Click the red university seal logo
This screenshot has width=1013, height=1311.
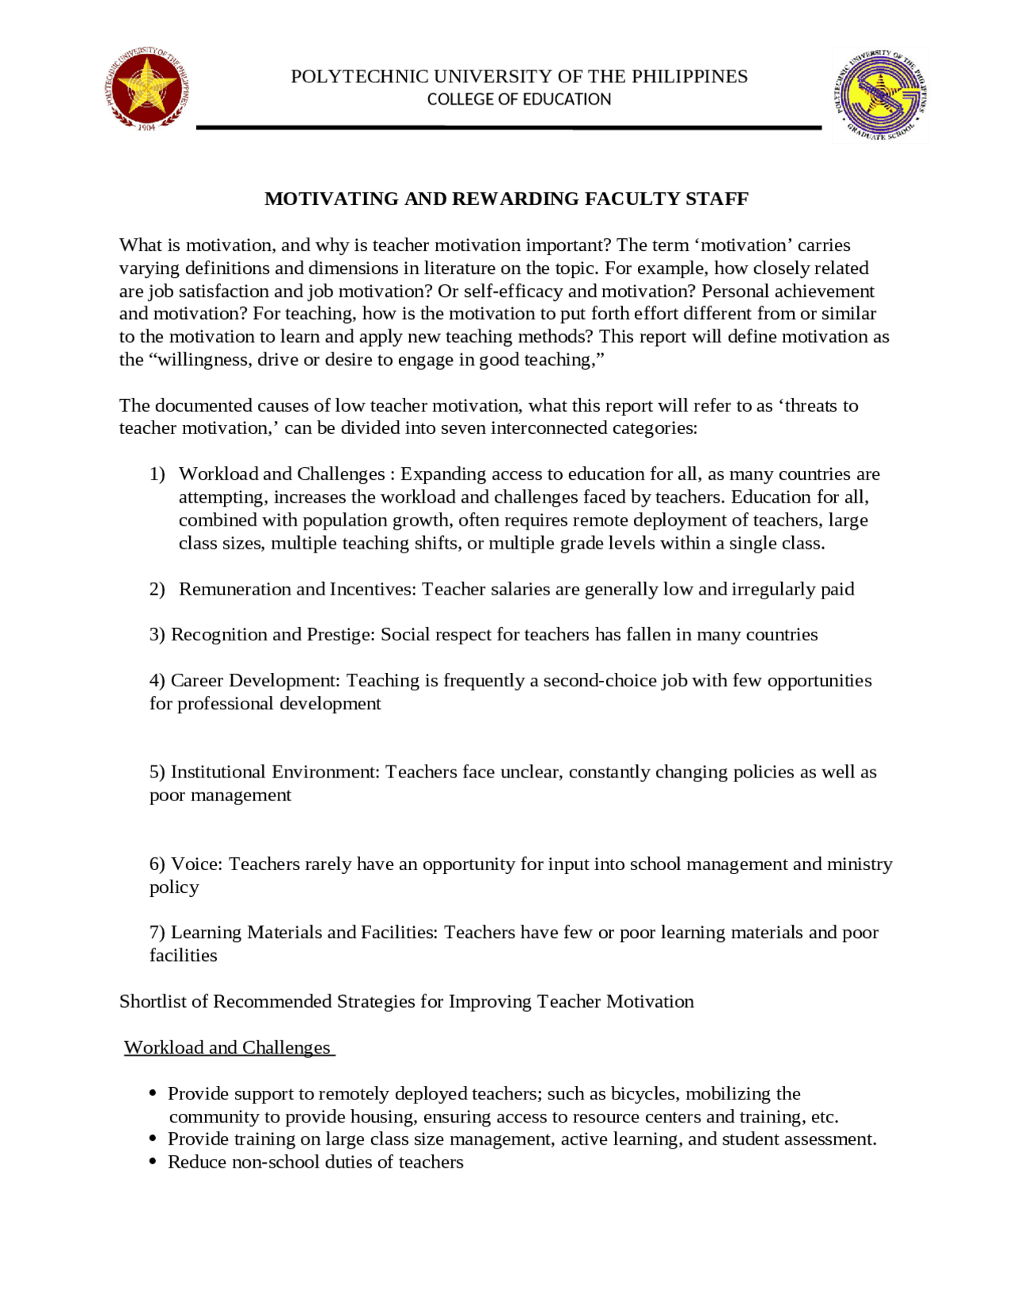pyautogui.click(x=146, y=88)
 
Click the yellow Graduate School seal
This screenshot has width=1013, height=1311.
pyautogui.click(x=880, y=93)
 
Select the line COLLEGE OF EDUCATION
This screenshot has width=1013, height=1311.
pyautogui.click(x=519, y=100)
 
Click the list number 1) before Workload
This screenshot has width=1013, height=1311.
pyautogui.click(x=157, y=474)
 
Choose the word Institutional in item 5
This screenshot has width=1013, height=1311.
pyautogui.click(x=220, y=772)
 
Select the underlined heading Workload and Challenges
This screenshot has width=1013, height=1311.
pyautogui.click(x=228, y=1047)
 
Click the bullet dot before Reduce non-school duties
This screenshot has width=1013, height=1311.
pyautogui.click(x=153, y=1162)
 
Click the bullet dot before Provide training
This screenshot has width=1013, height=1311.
pyautogui.click(x=153, y=1139)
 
